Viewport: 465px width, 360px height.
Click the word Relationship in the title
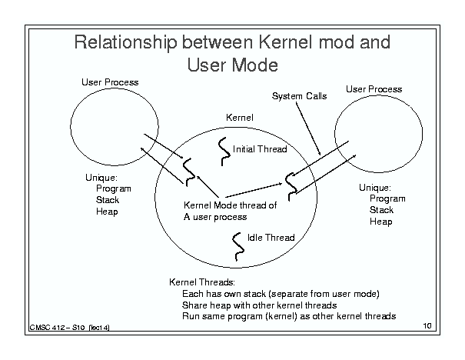125,42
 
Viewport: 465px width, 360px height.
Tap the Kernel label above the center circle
240,118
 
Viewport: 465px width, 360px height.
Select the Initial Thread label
260,149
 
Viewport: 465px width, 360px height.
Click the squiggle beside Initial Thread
224,152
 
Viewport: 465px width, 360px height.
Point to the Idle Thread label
271,238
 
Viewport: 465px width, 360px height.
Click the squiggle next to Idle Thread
237,247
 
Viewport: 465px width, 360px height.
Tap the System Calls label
299,96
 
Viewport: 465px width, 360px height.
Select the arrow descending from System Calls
308,128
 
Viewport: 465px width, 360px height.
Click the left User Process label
110,82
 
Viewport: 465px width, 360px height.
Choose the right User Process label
374,89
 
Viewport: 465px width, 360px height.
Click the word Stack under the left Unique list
108,200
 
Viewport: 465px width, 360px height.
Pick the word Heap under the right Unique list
380,222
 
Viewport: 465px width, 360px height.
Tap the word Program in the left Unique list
114,188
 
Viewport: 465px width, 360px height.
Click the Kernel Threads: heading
202,282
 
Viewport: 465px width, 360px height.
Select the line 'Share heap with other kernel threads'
260,305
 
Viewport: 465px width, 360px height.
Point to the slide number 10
427,326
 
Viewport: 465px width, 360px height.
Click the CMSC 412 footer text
69,328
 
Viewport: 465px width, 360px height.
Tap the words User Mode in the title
233,65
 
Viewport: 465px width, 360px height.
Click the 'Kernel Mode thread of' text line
230,205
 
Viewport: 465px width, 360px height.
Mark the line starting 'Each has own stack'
281,294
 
